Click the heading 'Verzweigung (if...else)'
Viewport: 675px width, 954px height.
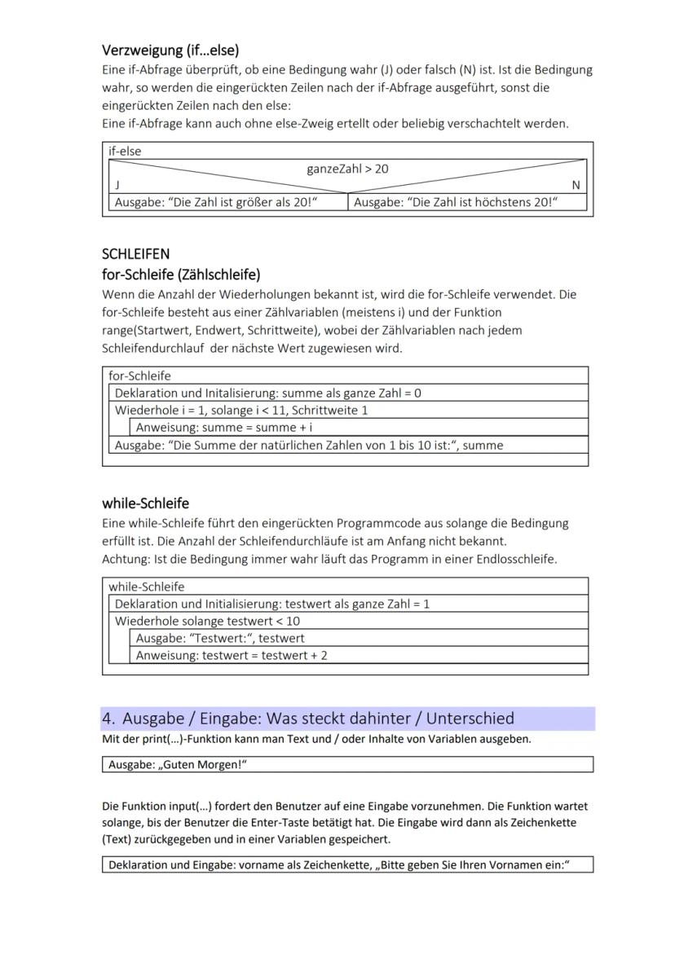[x=170, y=50]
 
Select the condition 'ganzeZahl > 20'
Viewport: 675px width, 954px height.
[x=347, y=169]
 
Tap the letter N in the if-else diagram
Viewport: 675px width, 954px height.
[x=576, y=186]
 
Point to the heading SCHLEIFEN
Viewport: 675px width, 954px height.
[x=135, y=253]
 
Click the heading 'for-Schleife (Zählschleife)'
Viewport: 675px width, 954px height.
[x=180, y=273]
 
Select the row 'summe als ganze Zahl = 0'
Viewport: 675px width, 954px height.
[x=268, y=393]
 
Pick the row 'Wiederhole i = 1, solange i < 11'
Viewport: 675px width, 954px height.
[x=241, y=410]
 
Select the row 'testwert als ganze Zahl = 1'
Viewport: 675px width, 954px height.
[x=272, y=604]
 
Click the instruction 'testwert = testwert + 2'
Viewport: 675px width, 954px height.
[x=232, y=655]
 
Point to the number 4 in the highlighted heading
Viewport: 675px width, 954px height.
[x=108, y=719]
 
